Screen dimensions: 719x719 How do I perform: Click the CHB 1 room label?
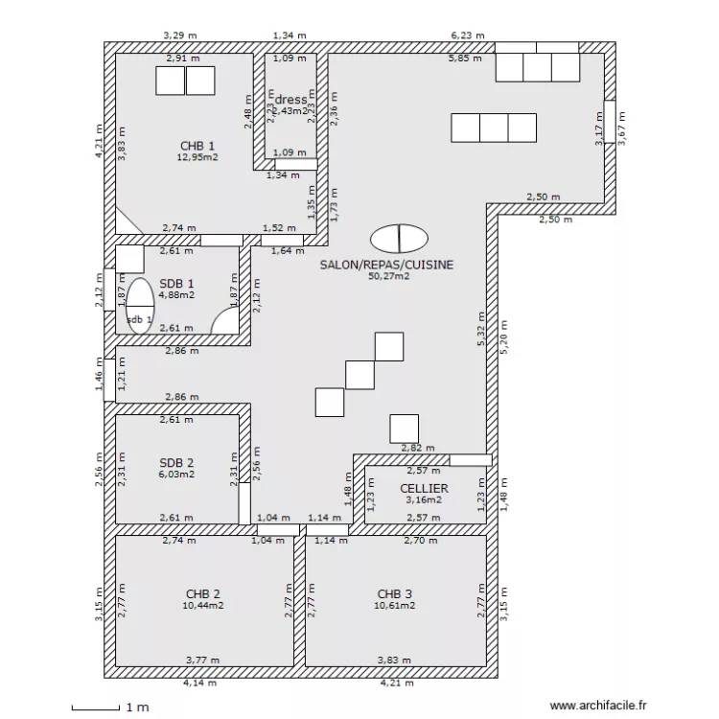[197, 146]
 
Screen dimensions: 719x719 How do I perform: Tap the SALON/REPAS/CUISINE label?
[386, 265]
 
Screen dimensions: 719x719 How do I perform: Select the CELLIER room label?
[424, 488]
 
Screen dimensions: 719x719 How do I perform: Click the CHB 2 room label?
[203, 593]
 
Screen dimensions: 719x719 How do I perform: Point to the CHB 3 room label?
[396, 593]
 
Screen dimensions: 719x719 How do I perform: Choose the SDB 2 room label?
[176, 462]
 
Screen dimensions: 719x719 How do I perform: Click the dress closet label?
[291, 100]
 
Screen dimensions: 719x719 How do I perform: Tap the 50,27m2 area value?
[388, 276]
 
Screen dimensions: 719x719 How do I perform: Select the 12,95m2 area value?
[197, 157]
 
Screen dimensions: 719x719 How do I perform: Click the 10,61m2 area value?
[396, 605]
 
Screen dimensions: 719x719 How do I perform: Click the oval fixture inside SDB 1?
[140, 306]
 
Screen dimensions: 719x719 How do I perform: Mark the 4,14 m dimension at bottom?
[200, 684]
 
